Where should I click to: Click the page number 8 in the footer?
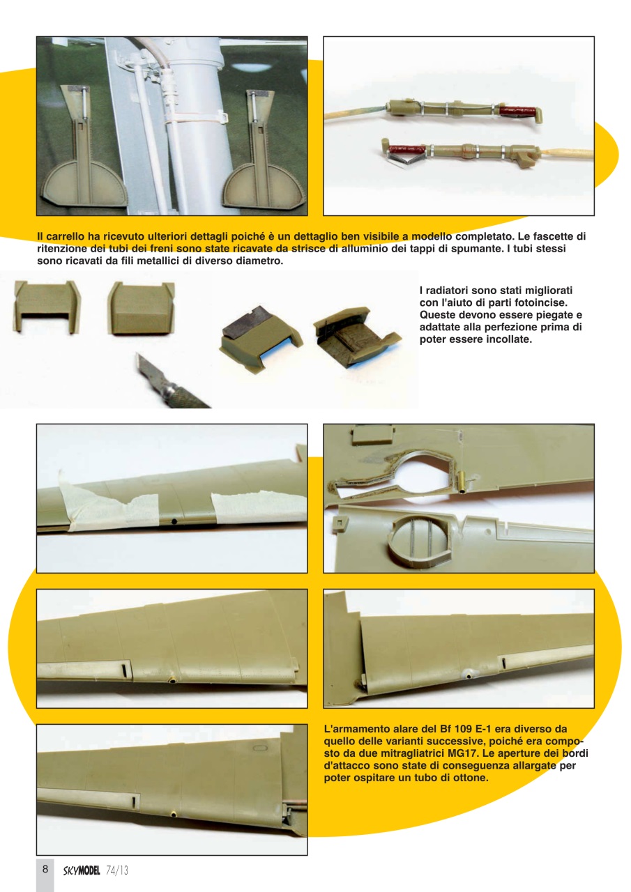45,869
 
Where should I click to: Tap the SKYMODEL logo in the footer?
82,870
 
